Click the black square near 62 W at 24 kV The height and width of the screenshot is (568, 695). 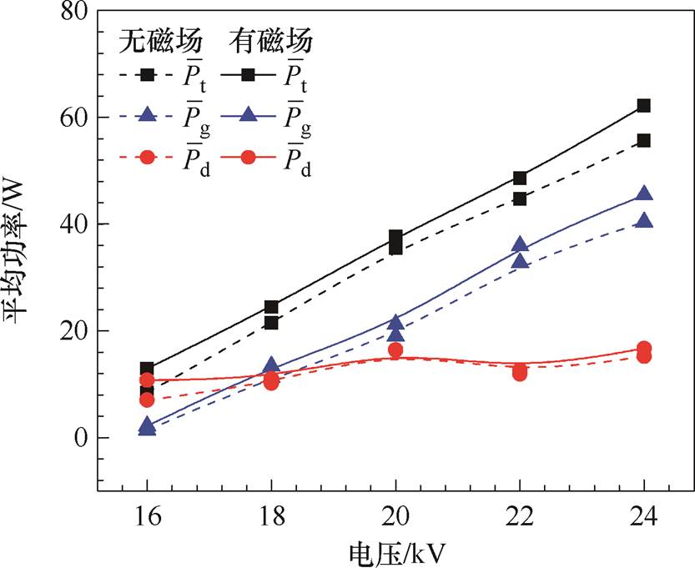click(643, 106)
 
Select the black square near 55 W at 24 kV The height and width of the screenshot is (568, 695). click(643, 141)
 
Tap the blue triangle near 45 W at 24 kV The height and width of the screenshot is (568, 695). click(643, 194)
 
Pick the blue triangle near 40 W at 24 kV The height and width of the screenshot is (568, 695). click(643, 221)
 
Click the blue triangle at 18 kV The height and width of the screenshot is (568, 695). click(271, 365)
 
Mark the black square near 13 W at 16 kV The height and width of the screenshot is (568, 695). click(147, 369)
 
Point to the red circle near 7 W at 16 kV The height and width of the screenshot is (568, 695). click(147, 400)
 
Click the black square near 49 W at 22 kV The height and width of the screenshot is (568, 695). click(520, 178)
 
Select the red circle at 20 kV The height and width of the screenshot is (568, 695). click(395, 350)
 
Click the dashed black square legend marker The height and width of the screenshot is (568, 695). click(147, 75)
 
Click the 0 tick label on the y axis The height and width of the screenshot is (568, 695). click(82, 438)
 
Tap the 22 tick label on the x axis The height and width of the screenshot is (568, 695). click(519, 516)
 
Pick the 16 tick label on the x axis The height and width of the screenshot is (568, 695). click(147, 516)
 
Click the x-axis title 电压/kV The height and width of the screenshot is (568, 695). click(396, 552)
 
